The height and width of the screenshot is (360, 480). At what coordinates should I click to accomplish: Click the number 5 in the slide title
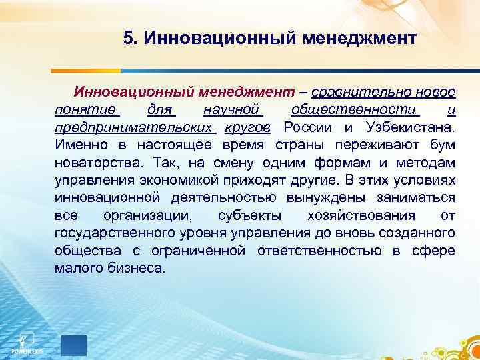[x=128, y=38]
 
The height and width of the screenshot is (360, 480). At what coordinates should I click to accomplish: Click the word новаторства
[x=93, y=163]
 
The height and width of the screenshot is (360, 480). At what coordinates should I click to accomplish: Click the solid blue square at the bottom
[x=74, y=346]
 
